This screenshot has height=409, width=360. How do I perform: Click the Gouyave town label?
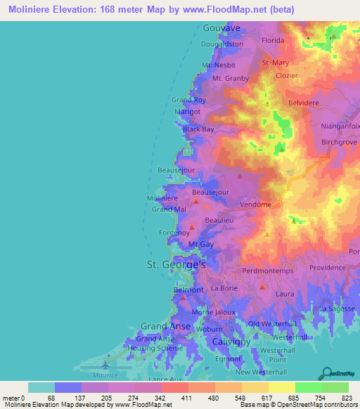point(221,28)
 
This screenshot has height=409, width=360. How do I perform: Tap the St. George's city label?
point(175,265)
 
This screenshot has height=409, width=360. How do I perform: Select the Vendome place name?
point(255,204)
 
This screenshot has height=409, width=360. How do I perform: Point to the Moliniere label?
point(162,199)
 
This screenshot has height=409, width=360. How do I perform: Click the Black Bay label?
point(198,129)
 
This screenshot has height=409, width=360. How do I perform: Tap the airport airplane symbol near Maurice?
point(105,365)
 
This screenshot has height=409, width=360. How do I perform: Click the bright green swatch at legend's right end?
point(335,387)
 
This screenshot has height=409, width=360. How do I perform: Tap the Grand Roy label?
point(188,100)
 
